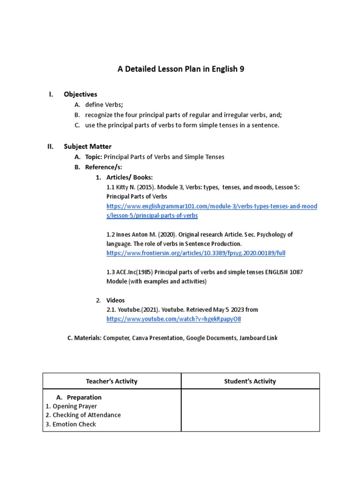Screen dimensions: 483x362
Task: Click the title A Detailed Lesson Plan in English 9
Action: point(181,69)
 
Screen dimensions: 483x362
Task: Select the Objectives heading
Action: point(81,94)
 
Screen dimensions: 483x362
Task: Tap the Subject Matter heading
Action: point(88,146)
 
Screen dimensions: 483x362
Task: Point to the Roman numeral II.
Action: point(50,146)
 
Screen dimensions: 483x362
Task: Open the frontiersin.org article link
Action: point(196,253)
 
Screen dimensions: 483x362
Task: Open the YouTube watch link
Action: point(173,319)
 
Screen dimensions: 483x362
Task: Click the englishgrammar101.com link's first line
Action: point(212,207)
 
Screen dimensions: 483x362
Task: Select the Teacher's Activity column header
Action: point(112,381)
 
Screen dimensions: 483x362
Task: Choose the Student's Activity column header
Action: point(250,381)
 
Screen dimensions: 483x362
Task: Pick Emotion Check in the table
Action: point(74,424)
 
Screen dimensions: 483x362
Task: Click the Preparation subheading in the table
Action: point(84,397)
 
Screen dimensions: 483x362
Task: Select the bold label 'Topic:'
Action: point(93,157)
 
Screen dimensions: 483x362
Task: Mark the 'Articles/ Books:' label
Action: point(129,177)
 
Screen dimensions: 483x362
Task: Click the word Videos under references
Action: point(115,300)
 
